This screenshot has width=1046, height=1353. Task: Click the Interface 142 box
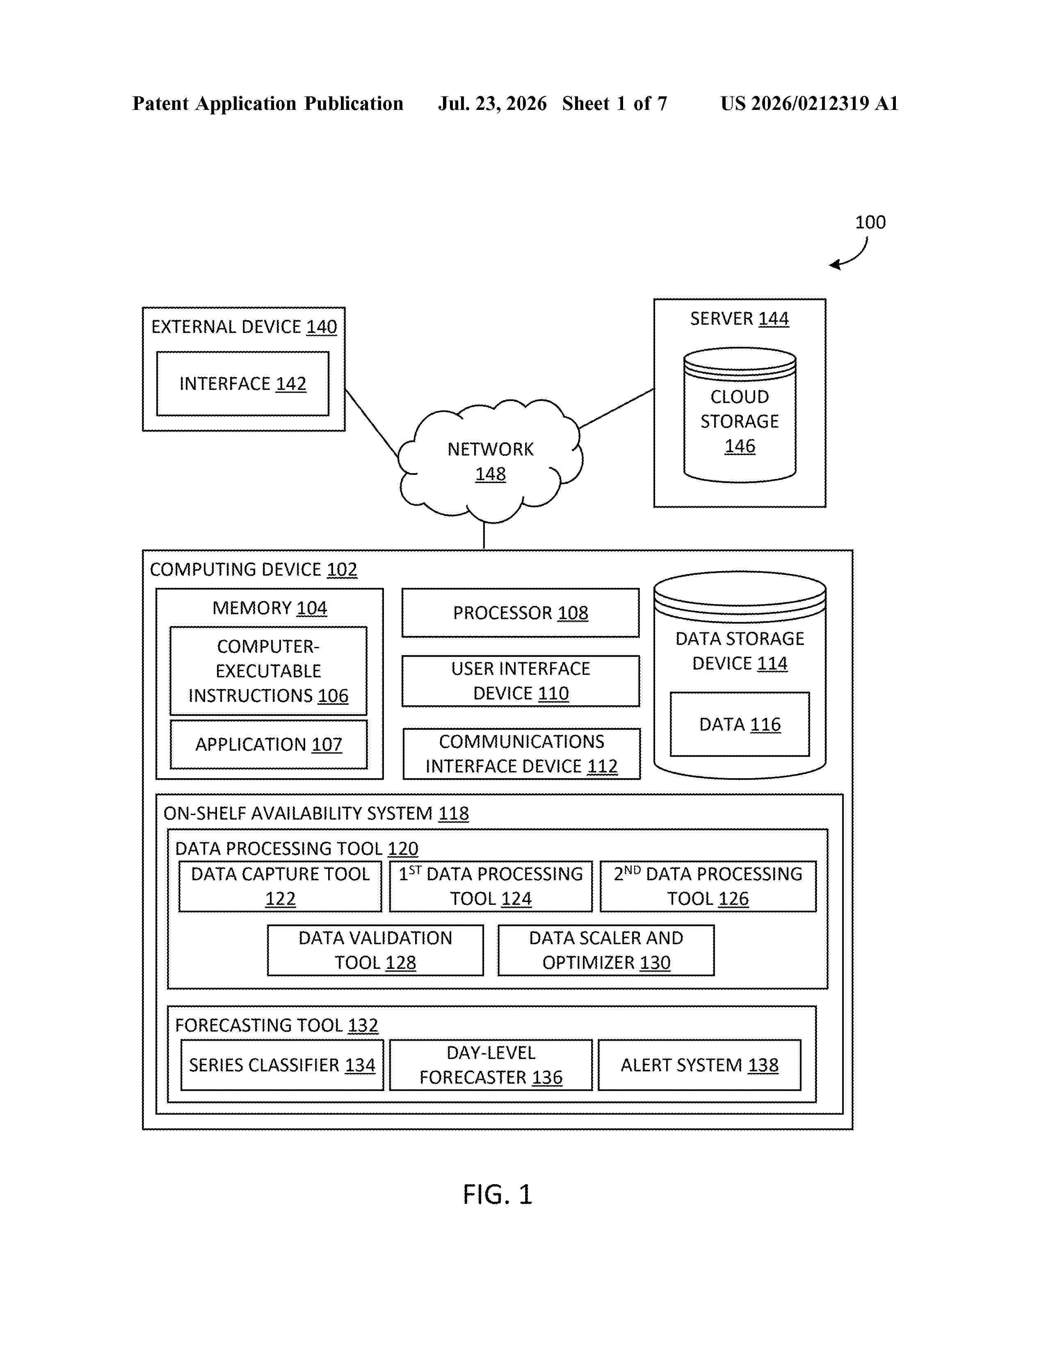pyautogui.click(x=242, y=383)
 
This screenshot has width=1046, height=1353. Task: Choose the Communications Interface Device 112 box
pyautogui.click(x=521, y=753)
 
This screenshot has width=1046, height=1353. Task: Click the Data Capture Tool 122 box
pyautogui.click(x=280, y=886)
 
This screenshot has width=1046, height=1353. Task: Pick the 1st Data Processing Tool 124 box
pyautogui.click(x=490, y=886)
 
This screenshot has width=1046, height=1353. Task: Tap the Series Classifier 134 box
pyautogui.click(x=282, y=1065)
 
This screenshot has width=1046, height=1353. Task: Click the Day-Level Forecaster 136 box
pyautogui.click(x=490, y=1065)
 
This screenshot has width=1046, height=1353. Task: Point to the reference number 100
pyautogui.click(x=870, y=222)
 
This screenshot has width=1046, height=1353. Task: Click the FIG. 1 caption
pyautogui.click(x=498, y=1194)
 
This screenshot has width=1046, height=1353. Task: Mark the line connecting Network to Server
pyautogui.click(x=617, y=408)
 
